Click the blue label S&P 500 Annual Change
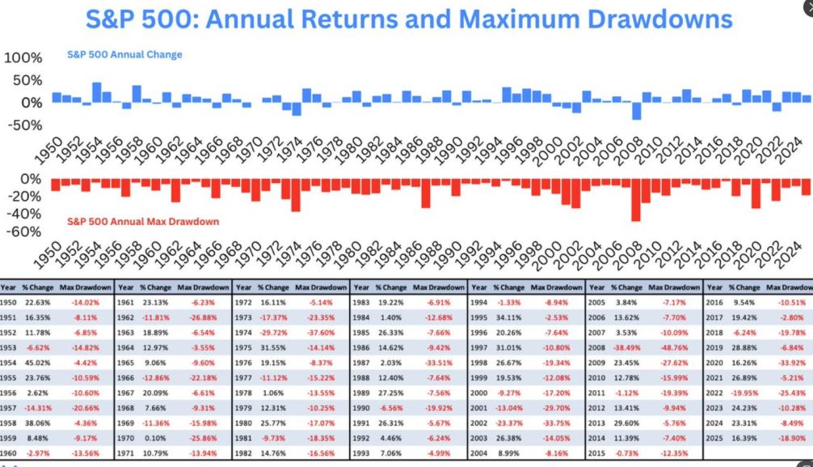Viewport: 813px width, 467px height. coord(124,55)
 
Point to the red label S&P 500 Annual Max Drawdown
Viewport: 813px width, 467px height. coord(143,221)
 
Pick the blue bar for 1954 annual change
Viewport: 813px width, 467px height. coord(97,92)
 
